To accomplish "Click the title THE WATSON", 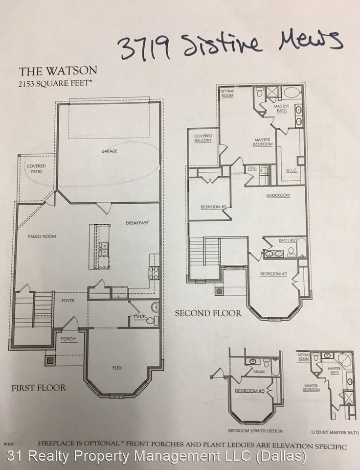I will pos(58,70).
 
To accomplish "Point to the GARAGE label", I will pos(109,151).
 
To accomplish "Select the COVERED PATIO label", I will pos(36,169).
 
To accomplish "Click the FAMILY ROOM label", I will pos(42,236).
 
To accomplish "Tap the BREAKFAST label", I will pos(137,223).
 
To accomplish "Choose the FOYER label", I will pos(68,300).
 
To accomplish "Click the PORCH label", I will pos(68,339).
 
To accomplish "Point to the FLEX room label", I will pos(117,366).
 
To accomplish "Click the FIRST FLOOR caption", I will pos(39,388).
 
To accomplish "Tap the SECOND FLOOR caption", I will pos(208,313).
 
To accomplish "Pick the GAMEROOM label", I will pos(278,195).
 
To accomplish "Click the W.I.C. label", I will pos(292,170).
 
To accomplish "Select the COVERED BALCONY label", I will pos(203,138).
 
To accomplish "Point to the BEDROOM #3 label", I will pos(213,207).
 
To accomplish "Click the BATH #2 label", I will pos(287,240).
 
